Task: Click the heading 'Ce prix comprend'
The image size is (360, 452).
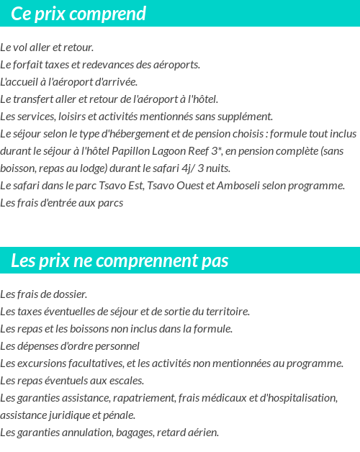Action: tap(78, 14)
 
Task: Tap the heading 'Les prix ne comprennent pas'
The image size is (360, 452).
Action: tap(120, 261)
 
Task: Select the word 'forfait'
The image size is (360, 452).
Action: tap(28, 65)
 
